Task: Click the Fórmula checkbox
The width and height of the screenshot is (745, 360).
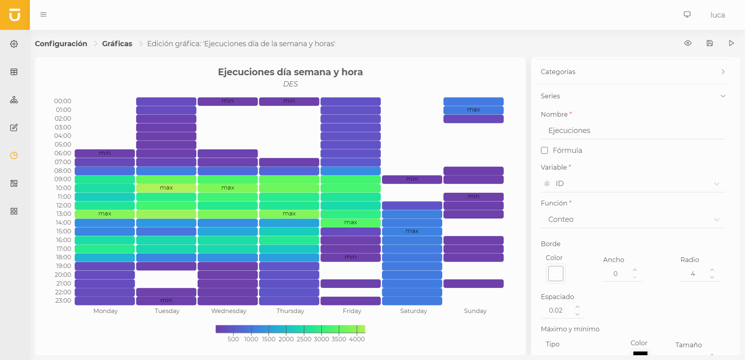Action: click(x=545, y=150)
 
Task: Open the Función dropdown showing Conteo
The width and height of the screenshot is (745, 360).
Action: click(x=633, y=219)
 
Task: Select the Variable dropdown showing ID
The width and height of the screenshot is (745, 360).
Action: click(x=633, y=184)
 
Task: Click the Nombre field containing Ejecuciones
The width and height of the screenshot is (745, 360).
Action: click(x=633, y=131)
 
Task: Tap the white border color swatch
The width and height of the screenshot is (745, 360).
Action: click(x=555, y=274)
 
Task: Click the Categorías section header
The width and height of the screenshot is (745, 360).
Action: click(x=633, y=72)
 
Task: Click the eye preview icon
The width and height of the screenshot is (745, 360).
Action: click(x=688, y=43)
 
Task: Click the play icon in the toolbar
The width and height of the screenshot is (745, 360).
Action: click(x=731, y=43)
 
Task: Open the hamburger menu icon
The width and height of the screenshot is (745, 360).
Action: click(x=43, y=14)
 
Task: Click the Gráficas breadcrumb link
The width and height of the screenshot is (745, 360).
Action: click(x=117, y=44)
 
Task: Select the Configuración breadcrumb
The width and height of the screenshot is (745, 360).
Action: click(x=61, y=44)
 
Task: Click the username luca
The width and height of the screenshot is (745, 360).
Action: click(x=717, y=15)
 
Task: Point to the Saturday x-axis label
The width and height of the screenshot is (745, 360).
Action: click(x=413, y=311)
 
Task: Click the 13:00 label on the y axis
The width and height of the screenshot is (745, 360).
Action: click(x=63, y=214)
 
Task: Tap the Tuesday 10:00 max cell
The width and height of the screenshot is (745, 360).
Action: click(x=166, y=188)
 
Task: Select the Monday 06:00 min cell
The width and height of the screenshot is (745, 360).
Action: click(x=105, y=153)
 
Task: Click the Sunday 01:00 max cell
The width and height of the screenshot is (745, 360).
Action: click(x=473, y=110)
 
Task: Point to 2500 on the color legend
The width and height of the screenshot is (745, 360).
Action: click(x=304, y=339)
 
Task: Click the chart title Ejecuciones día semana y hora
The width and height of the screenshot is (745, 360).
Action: click(x=290, y=72)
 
